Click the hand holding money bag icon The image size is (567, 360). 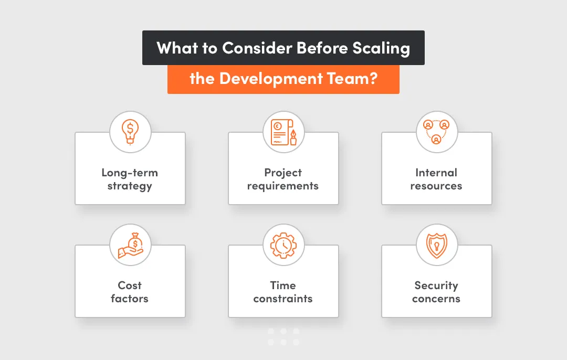(130, 245)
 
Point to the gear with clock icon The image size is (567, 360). (283, 245)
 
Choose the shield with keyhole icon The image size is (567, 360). (436, 245)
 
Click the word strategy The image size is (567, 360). (130, 186)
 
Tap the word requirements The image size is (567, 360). (283, 186)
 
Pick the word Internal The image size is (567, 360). (436, 173)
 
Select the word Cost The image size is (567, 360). (130, 285)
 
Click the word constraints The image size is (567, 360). (283, 299)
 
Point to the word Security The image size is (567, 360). (436, 285)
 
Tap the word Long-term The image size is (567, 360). (130, 173)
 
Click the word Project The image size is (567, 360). (283, 173)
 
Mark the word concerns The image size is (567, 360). (436, 299)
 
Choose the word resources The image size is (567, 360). (436, 186)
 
